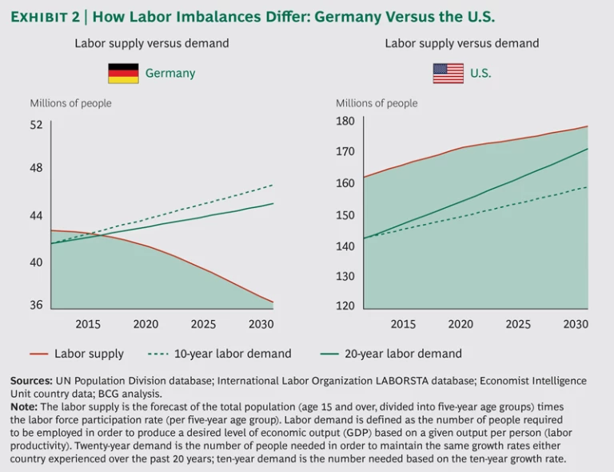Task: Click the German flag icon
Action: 123,74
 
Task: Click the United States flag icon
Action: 448,74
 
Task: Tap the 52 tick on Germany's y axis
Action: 37,125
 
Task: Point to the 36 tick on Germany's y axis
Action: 37,305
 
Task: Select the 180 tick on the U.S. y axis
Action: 345,121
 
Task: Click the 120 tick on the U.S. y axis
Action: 345,306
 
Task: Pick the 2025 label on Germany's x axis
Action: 203,324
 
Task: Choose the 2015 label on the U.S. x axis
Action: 403,324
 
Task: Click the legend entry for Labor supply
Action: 77,354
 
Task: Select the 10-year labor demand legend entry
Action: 219,354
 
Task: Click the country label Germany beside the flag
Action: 169,74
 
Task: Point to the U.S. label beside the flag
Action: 480,74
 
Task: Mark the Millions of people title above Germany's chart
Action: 70,103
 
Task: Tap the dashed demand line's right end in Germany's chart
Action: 273,185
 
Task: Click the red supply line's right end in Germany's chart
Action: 273,302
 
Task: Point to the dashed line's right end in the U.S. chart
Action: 588,187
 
